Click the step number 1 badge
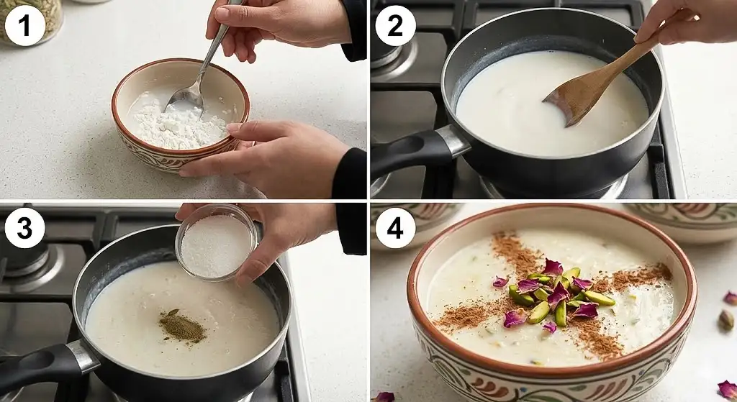point(25,25)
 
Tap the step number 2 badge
point(395,25)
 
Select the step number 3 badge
point(25,228)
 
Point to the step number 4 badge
point(395,228)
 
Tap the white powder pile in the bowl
point(178,124)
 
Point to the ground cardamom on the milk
point(182,326)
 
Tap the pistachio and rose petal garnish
point(555,293)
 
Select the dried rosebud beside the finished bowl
point(726,320)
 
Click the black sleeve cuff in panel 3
point(351,229)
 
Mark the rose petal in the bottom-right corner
point(728,389)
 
